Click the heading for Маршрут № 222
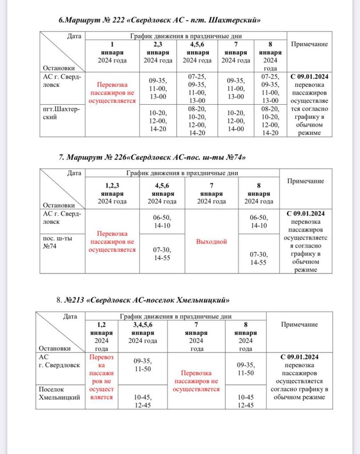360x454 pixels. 159,20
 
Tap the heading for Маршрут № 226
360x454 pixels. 152,157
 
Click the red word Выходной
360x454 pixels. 211,242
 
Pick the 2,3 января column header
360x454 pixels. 158,52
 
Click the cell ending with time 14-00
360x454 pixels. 235,121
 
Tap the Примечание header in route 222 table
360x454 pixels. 309,44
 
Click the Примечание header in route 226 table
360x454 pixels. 306,181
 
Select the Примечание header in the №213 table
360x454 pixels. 299,324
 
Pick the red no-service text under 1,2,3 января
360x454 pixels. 112,242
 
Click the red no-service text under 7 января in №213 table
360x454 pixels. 196,381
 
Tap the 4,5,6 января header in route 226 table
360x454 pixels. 162,194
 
